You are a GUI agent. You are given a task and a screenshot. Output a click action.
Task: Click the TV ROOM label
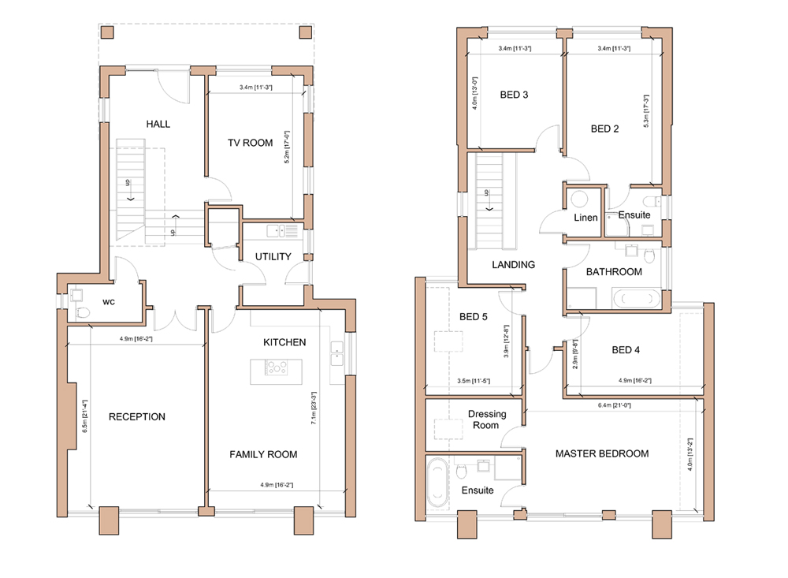point(251,143)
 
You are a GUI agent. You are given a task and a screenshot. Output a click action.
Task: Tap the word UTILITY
point(273,256)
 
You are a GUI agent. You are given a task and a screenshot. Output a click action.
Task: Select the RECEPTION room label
point(136,416)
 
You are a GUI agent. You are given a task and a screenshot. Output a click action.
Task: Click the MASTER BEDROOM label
point(602,453)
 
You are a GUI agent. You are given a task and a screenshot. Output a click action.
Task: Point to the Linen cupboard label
point(585,218)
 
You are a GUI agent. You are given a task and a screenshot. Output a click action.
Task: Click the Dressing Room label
point(486,420)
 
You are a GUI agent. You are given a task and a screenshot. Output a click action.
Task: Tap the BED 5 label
point(474,317)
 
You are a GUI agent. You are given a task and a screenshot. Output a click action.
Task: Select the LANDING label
point(513,265)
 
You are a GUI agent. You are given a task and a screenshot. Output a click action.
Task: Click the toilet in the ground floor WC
point(83,312)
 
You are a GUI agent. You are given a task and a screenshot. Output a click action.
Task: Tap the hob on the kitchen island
point(277,367)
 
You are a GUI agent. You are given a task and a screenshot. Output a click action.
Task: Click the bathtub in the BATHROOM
point(636,298)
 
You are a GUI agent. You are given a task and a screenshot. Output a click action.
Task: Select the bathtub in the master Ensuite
point(437,482)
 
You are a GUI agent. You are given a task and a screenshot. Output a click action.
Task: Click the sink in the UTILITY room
point(275,231)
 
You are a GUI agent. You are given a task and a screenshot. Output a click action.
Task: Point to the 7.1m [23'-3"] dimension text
point(314,408)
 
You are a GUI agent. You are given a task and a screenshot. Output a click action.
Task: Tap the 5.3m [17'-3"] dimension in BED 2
point(646,110)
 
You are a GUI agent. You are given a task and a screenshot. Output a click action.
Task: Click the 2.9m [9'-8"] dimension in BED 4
point(575,354)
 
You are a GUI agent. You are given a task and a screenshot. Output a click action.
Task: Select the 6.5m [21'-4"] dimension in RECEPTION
point(84,416)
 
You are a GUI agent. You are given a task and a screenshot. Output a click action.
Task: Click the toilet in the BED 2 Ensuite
point(654,201)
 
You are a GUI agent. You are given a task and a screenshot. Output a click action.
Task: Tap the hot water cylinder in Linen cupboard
point(580,200)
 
